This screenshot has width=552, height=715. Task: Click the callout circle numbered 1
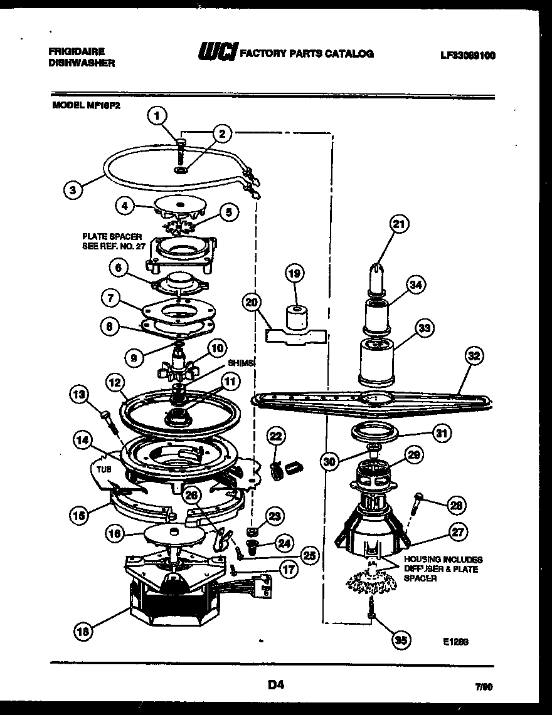pyautogui.click(x=159, y=115)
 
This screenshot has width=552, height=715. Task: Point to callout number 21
pyautogui.click(x=398, y=224)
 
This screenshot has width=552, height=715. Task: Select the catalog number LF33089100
pyautogui.click(x=468, y=55)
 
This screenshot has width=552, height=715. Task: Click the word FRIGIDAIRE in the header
pyautogui.click(x=76, y=52)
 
